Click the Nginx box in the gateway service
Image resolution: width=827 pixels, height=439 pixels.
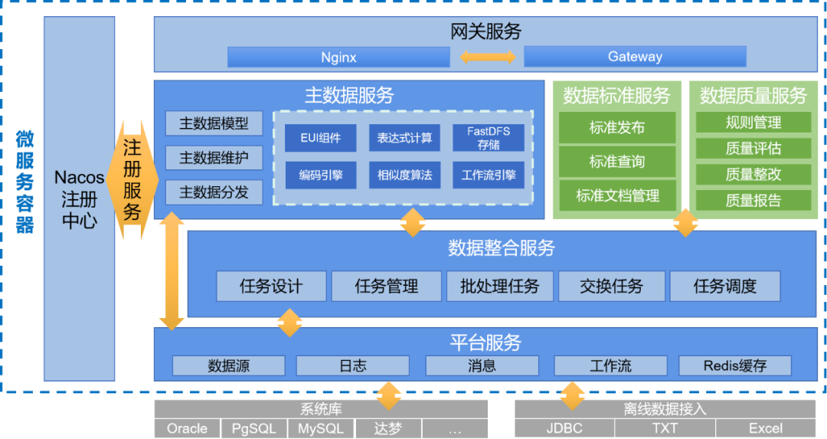338,57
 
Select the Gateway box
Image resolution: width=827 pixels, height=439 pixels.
635,57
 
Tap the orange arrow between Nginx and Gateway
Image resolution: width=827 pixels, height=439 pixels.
487,57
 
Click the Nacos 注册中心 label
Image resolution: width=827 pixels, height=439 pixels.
80,199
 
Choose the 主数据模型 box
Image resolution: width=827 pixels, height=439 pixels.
214,123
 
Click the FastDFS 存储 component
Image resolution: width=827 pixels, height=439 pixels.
489,138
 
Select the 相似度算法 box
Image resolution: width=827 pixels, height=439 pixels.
404,175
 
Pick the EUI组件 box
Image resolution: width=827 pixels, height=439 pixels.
320,138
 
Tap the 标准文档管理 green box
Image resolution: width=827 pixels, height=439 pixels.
617,195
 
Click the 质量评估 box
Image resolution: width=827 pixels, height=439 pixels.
753,149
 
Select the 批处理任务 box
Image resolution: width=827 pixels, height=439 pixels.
499,287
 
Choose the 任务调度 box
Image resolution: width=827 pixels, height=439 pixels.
724,287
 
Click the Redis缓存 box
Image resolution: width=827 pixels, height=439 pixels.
735,365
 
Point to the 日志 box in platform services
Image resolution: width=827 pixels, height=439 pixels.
352,365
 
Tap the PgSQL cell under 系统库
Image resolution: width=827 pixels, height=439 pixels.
253,428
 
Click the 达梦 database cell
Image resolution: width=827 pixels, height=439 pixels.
388,428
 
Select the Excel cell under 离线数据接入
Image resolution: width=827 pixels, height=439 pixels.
766,428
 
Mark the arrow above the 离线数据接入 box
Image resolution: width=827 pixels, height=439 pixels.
573,396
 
